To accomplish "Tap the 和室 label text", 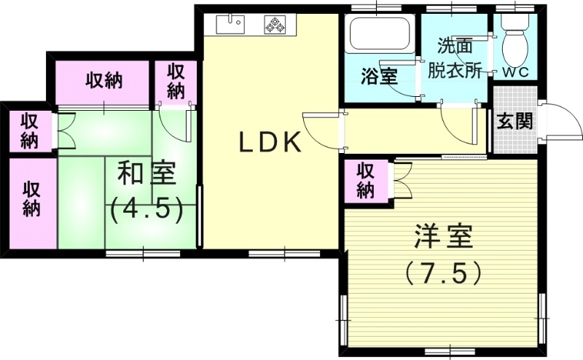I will [146, 176].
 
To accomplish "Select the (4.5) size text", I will [146, 210].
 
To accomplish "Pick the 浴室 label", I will [379, 76].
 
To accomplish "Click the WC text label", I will [517, 72].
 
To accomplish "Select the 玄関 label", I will [514, 122].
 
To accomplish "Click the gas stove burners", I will [276, 25].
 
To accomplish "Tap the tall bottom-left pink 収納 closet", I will [31, 197].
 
